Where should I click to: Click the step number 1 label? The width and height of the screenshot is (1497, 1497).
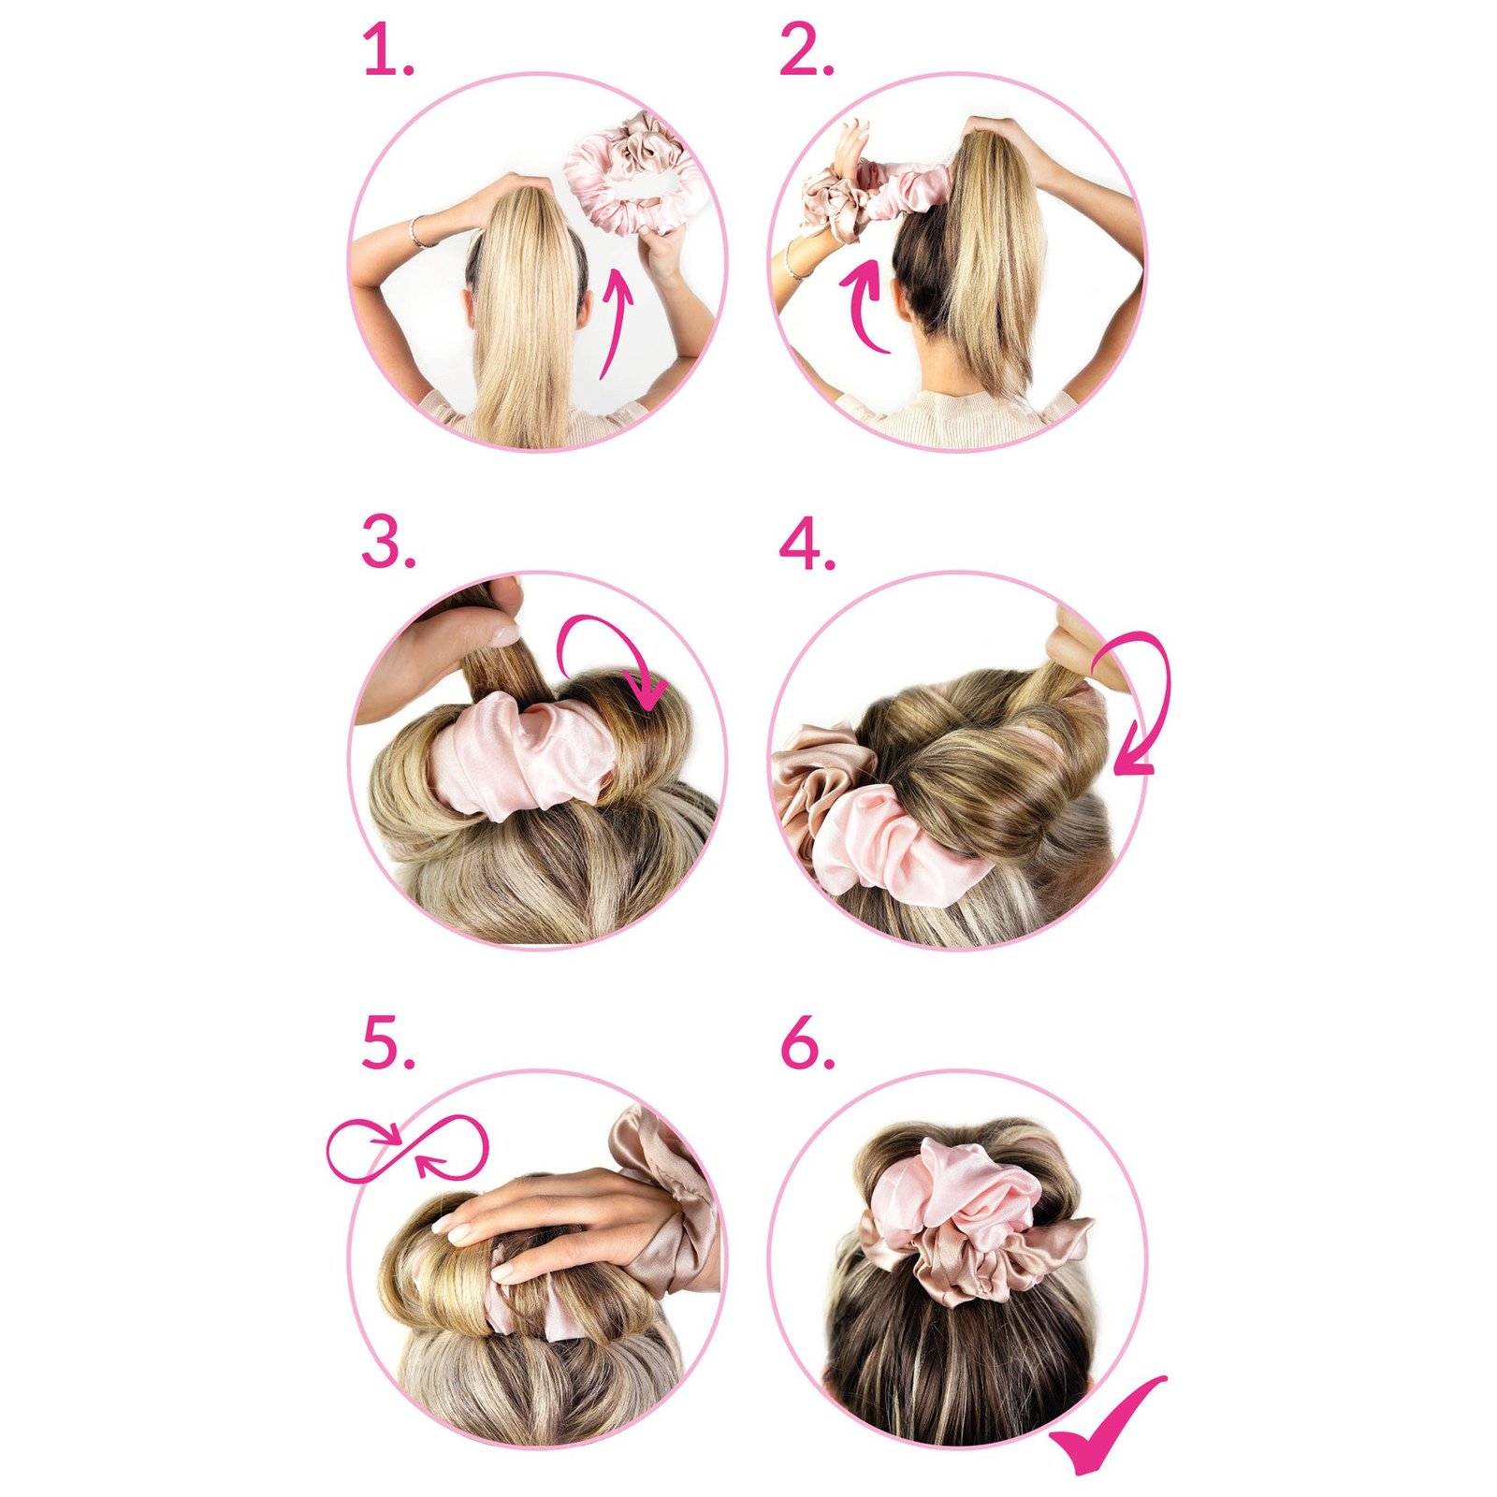point(386,51)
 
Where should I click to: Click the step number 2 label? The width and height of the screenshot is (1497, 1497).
point(806,51)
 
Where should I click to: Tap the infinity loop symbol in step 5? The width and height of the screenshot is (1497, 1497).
point(407,1149)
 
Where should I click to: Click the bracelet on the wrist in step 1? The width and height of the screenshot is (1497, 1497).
point(418,231)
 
